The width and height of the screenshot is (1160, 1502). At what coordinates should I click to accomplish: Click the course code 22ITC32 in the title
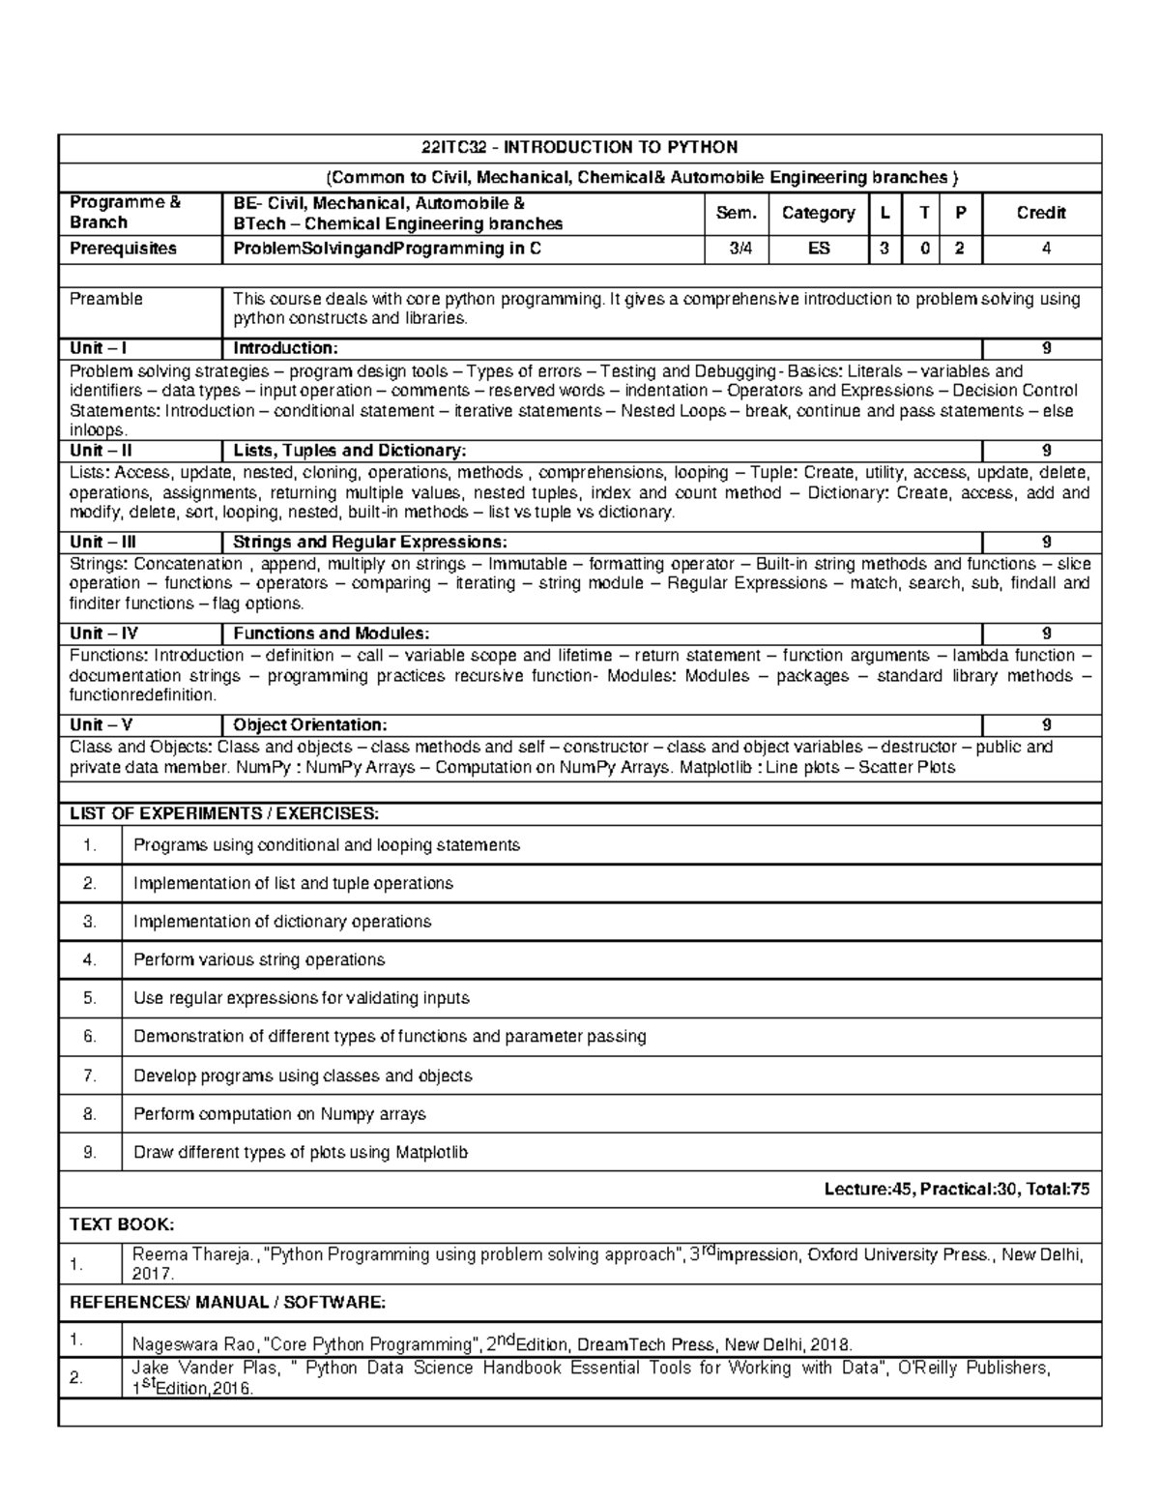451,148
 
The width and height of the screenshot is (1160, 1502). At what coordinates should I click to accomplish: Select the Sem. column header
737,213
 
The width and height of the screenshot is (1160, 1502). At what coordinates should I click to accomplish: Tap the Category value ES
818,249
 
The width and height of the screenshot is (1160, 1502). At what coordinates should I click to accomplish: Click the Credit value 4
1040,249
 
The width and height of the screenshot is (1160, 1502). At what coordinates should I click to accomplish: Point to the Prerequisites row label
123,249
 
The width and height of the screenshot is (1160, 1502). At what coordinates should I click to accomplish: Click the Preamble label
105,300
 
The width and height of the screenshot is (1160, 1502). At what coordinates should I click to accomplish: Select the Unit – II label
101,451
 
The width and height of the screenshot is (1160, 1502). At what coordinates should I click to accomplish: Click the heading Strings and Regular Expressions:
369,543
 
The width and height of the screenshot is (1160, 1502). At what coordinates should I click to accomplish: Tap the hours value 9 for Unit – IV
1045,633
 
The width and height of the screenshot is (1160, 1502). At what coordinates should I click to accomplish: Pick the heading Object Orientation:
310,725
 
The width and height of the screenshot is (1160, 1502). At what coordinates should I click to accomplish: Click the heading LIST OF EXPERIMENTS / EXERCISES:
224,813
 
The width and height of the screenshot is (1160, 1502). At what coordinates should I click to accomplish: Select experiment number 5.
90,998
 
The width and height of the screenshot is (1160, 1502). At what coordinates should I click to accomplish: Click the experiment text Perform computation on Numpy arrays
279,1114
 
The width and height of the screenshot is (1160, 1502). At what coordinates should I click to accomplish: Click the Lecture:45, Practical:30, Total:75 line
956,1191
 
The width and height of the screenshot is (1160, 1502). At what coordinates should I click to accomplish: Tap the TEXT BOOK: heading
122,1224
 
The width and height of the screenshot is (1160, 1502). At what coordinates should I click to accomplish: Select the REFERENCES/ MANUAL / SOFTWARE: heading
228,1303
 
